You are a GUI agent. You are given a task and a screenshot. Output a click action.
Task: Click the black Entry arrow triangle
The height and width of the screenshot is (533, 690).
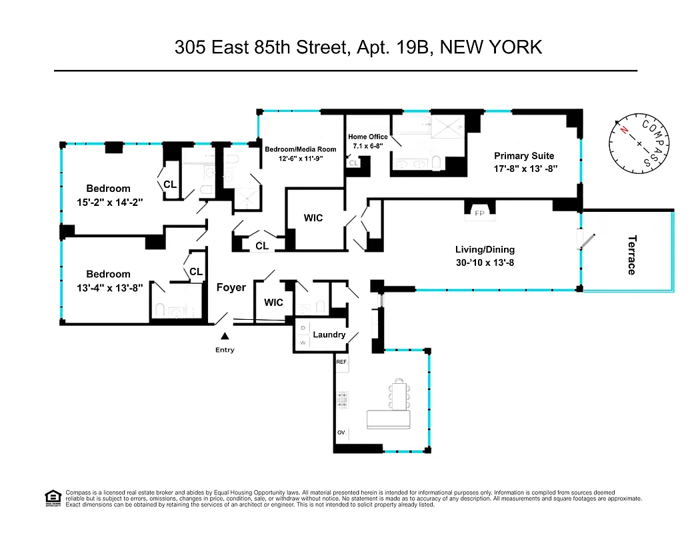point(225,338)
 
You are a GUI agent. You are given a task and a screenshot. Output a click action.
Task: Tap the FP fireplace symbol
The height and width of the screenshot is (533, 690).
point(479,213)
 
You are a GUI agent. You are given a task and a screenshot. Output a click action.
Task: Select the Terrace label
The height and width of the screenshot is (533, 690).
point(631,255)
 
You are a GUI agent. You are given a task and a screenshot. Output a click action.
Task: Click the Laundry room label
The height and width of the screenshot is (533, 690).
point(329,334)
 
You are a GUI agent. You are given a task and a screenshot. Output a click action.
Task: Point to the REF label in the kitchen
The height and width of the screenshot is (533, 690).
point(341,362)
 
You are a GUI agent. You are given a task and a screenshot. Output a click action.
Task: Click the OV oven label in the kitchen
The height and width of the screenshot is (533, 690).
point(341,433)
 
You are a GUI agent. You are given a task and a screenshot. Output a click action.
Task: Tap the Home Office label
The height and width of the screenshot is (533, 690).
point(367,137)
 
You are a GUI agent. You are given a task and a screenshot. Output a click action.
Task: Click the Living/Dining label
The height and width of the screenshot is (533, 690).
point(485,250)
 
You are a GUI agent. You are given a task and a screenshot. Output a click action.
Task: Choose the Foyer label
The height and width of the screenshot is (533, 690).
point(231,288)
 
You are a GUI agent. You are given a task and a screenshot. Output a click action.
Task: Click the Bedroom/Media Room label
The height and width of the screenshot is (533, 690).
point(301,149)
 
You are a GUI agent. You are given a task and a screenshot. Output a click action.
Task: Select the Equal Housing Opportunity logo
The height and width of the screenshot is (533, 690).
point(52,497)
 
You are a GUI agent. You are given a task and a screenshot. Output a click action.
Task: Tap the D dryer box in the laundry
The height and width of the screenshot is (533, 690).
point(303,328)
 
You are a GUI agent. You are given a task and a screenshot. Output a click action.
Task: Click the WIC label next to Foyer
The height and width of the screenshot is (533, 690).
point(273,302)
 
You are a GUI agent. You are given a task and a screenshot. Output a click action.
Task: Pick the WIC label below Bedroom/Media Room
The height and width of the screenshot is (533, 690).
point(313,218)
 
